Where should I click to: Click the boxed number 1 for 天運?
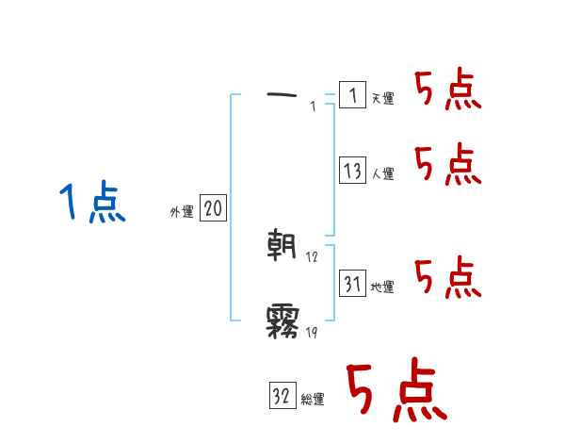coord(352,95)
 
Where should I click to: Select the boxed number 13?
coord(352,171)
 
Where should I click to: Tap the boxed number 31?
coord(352,284)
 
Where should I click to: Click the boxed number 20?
coord(213,208)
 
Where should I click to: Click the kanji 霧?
coord(282,321)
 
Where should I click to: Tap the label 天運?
coord(382,99)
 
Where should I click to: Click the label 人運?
coord(382,174)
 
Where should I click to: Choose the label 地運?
coord(382,287)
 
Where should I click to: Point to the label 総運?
coord(313,400)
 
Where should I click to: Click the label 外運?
coord(182,212)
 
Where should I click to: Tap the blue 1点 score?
coord(91,204)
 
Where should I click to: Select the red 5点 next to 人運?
coord(447,165)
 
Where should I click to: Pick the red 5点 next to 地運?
coord(447,276)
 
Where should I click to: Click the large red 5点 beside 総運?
coord(395,391)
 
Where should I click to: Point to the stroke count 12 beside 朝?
coord(313,257)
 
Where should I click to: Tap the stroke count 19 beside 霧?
coord(313,332)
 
